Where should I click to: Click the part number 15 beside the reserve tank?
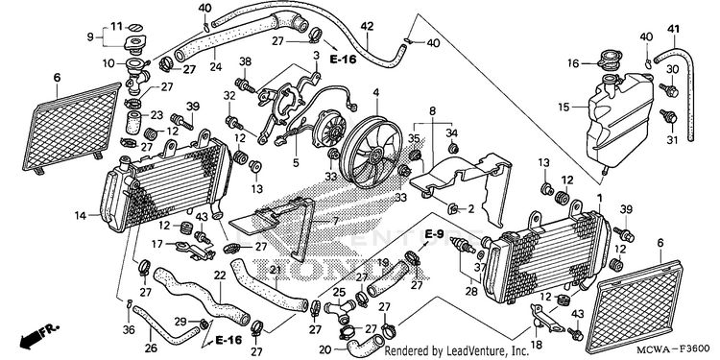click(564, 108)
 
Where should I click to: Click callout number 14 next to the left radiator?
click(82, 214)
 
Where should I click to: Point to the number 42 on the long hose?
click(367, 26)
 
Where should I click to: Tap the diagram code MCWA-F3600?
click(678, 349)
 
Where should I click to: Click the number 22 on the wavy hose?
click(220, 276)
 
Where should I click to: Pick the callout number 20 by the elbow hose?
click(324, 349)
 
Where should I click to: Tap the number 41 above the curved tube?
click(673, 30)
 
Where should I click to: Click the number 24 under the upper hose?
click(216, 66)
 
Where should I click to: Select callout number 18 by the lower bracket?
click(537, 345)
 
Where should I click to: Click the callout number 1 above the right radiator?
click(599, 197)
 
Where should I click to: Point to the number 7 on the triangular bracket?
click(335, 222)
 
